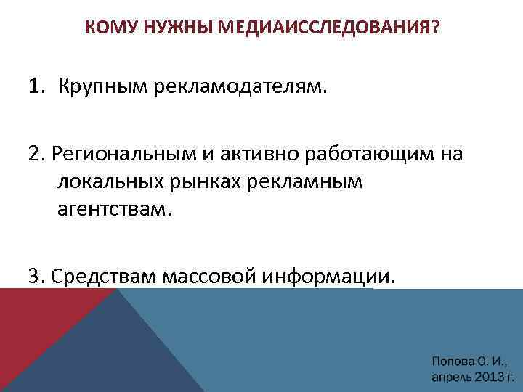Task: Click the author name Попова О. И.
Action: [x=469, y=360]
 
